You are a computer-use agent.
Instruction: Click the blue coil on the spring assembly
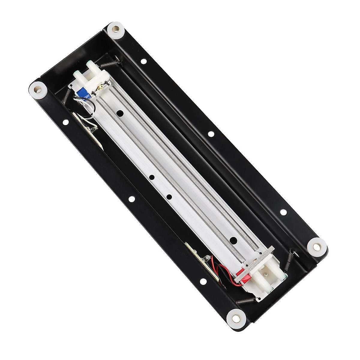81,93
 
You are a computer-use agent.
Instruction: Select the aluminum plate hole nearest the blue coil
120,114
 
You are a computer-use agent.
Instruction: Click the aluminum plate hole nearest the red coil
233,240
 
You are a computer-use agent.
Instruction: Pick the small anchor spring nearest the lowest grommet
245,302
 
